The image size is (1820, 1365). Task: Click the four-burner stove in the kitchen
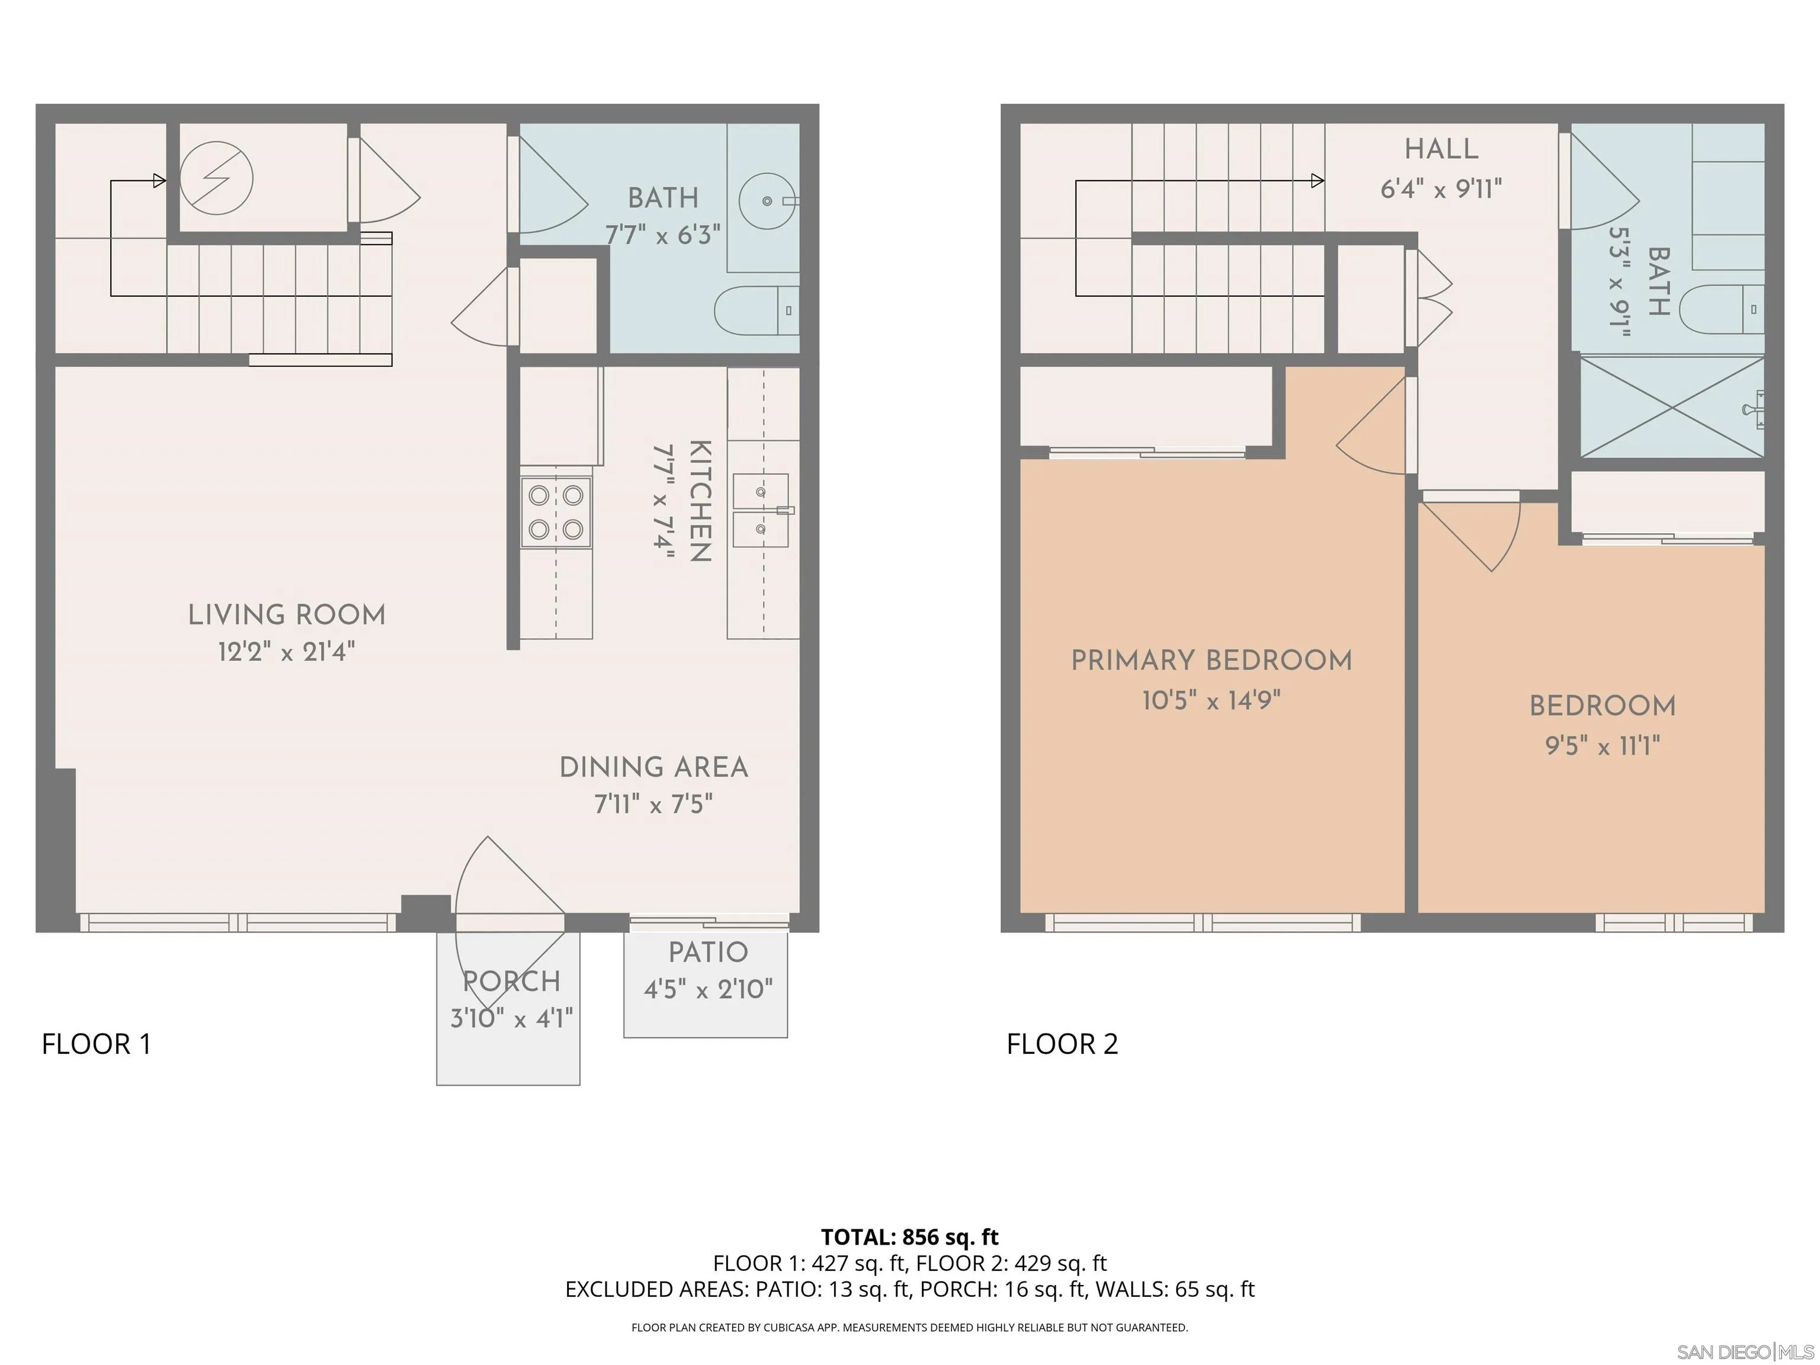coord(555,512)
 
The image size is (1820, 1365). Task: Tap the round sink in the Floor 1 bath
coord(767,201)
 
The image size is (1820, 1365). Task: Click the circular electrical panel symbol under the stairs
coord(216,178)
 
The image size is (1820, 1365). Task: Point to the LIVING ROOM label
coord(286,614)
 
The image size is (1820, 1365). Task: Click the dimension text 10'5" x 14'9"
coord(1211,701)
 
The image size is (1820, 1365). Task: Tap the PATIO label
coord(707,952)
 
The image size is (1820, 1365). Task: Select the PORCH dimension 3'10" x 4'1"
coord(511,1018)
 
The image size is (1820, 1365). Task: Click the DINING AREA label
coord(653,767)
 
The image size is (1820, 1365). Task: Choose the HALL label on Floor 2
coord(1441,149)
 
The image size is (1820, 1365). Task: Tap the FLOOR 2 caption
coord(1062,1043)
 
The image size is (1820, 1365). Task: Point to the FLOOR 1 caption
coord(96,1043)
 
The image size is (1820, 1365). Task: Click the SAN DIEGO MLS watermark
coord(1744,1352)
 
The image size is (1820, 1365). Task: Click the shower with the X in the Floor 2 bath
coord(1672,406)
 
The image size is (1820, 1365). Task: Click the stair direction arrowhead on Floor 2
coord(1316,180)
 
